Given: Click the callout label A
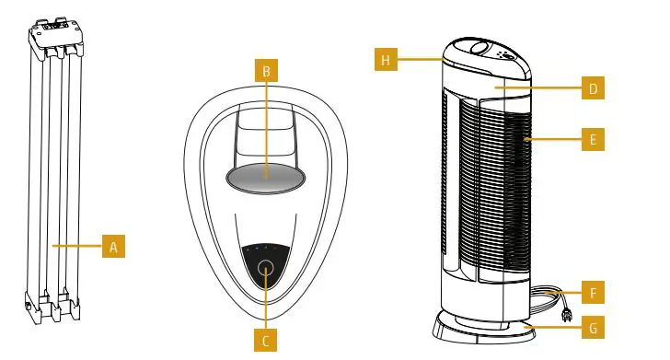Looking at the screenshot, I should [113, 247].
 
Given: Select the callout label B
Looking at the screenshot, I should [266, 69].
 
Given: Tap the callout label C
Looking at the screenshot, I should [266, 341].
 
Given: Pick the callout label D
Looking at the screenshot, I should [594, 89].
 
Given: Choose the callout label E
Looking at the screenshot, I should [594, 140].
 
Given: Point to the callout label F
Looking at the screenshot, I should [594, 294].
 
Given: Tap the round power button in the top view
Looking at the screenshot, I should [266, 269].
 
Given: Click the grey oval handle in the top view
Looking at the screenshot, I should [266, 176].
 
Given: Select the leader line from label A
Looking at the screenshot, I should [78, 247].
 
